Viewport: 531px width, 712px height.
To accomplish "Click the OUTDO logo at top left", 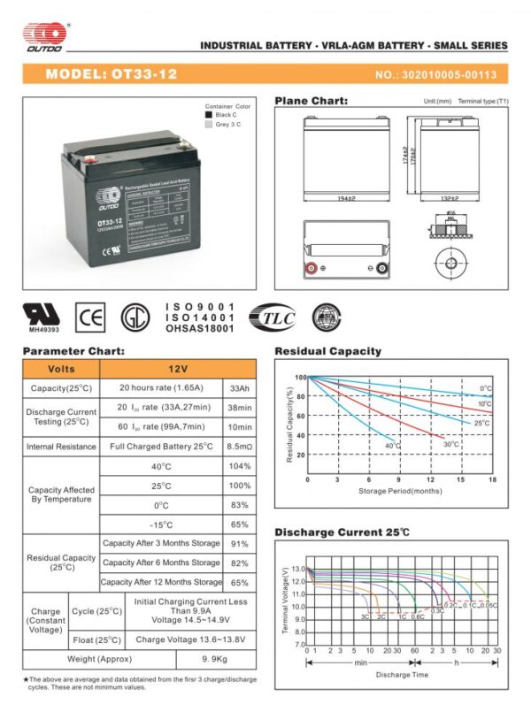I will tap(44, 34).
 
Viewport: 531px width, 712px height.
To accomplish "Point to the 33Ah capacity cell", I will tap(239, 388).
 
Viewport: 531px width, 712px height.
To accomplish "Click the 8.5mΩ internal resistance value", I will tap(239, 447).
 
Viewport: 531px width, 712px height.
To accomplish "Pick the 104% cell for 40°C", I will tap(239, 466).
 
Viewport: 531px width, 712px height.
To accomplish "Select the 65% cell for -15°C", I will tap(239, 524).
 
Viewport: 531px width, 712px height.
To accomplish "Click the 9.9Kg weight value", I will tap(217, 660).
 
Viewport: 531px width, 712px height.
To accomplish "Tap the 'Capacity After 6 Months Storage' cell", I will tap(161, 563).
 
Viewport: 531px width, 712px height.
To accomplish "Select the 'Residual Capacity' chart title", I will tap(327, 351).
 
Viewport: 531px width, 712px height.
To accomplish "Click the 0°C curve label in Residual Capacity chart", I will tap(486, 388).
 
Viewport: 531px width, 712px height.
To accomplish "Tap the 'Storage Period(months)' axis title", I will tap(399, 491).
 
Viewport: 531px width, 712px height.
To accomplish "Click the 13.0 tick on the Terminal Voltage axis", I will tap(296, 570).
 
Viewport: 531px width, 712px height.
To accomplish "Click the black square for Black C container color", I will tap(209, 114).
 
